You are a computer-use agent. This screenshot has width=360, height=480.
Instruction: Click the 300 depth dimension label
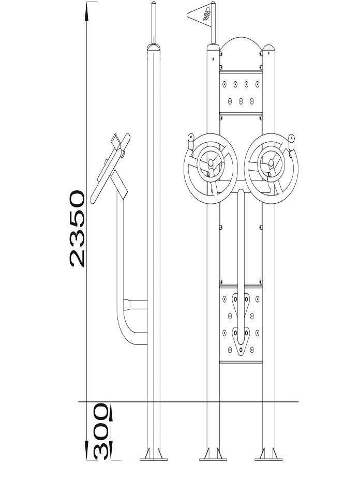(x=101, y=431)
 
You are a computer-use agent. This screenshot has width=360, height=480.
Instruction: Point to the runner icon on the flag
(x=206, y=14)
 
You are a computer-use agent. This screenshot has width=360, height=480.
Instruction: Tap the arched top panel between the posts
(x=241, y=53)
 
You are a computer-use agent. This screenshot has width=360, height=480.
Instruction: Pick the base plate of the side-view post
(x=154, y=459)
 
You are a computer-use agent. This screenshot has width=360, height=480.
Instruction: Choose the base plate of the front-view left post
(x=213, y=459)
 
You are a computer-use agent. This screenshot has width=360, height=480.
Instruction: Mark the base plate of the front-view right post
(x=268, y=459)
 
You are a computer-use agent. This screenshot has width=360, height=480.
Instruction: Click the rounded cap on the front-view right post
(x=268, y=48)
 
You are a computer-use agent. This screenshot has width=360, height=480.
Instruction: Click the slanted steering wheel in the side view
(x=110, y=169)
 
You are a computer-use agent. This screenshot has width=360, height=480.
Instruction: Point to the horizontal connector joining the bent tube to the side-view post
(x=136, y=305)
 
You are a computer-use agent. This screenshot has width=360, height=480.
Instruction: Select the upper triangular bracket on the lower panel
(x=241, y=306)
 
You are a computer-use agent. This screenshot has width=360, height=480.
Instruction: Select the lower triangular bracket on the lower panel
(x=241, y=341)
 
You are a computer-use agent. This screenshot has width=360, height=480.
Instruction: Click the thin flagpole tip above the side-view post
(x=154, y=21)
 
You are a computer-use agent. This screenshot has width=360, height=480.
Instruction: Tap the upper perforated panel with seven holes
(x=241, y=92)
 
